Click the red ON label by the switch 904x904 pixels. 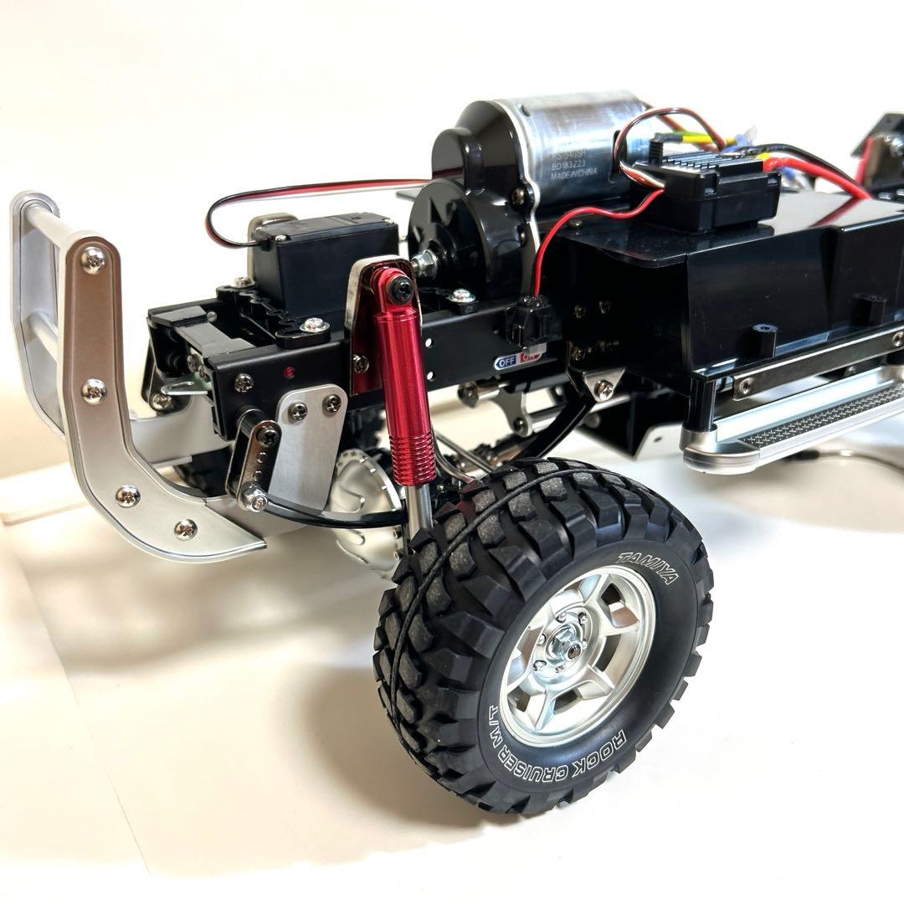531,357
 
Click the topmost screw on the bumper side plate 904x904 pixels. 93,259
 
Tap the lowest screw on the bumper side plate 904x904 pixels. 185,528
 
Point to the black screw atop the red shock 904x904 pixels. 401,290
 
